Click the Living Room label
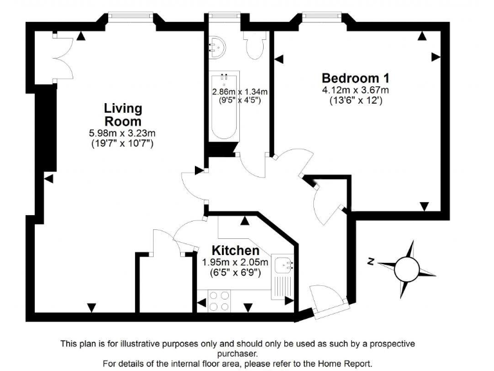[x=123, y=115]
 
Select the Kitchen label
[x=236, y=250]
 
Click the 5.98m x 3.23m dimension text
[x=123, y=133]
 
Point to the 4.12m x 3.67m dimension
[x=355, y=90]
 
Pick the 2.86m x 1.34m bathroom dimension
[x=240, y=91]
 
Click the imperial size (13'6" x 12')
[x=355, y=100]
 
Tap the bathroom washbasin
[x=218, y=46]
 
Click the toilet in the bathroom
[x=255, y=45]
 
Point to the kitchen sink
[x=283, y=265]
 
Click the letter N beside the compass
[x=371, y=261]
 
